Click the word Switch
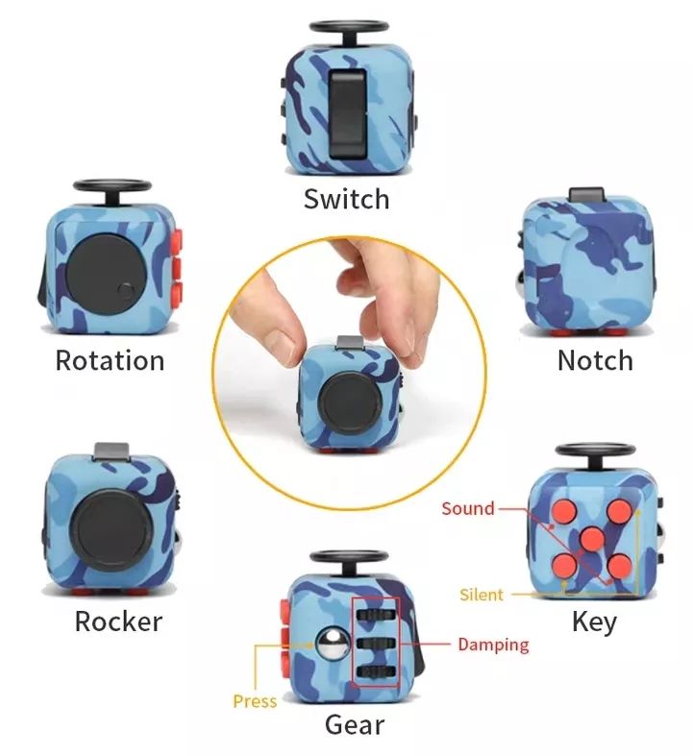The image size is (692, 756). pyautogui.click(x=346, y=199)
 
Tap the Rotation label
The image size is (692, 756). pyautogui.click(x=110, y=360)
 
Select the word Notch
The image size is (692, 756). pyautogui.click(x=595, y=360)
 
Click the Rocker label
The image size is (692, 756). pyautogui.click(x=118, y=621)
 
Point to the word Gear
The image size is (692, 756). pyautogui.click(x=355, y=724)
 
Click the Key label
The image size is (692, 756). pyautogui.click(x=594, y=621)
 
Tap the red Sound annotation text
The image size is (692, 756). pyautogui.click(x=467, y=508)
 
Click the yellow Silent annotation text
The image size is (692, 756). pyautogui.click(x=482, y=595)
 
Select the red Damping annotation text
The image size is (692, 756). pyautogui.click(x=493, y=645)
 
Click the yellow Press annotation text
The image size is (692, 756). pyautogui.click(x=255, y=701)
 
